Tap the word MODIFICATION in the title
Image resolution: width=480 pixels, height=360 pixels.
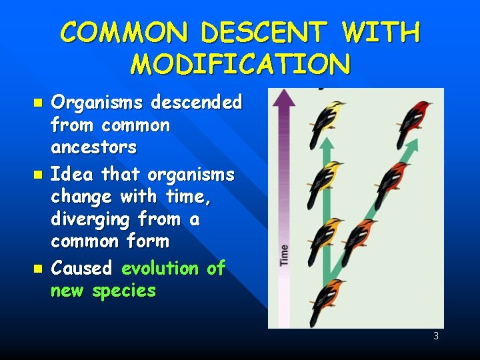tap(240, 65)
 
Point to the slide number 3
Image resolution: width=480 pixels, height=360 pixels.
tap(436, 336)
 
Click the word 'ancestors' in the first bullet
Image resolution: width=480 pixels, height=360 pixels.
tap(93, 147)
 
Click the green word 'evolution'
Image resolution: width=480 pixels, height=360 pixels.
tap(160, 268)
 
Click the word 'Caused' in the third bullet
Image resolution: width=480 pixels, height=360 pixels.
tap(81, 268)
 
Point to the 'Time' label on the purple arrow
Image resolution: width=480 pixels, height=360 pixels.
tap(285, 255)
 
